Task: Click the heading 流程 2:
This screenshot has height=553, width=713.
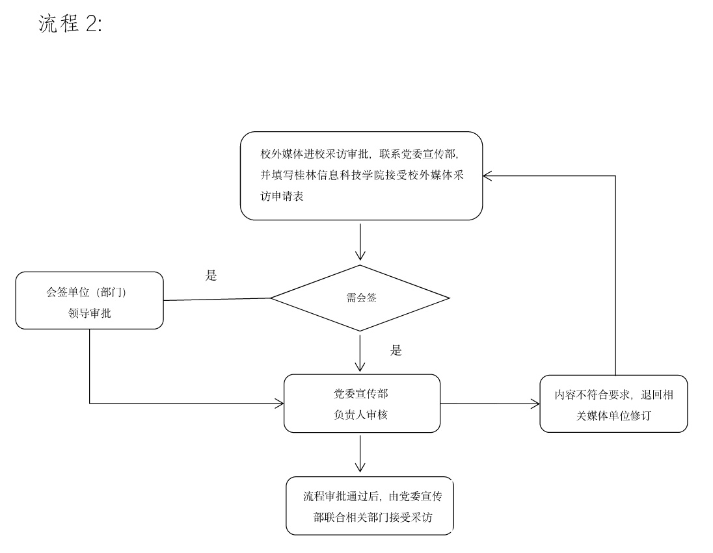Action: click(70, 25)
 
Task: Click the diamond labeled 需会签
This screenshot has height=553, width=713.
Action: click(360, 299)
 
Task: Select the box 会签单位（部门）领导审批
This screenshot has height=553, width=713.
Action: click(89, 300)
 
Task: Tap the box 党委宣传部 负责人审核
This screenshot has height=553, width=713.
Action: click(362, 404)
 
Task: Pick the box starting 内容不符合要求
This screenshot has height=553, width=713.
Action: click(613, 404)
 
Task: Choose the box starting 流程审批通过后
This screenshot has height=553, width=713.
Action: click(370, 507)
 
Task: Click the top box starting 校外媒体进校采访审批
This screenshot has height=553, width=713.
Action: click(361, 175)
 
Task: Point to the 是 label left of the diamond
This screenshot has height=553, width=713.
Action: click(211, 275)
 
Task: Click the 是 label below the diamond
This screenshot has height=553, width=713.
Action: click(396, 351)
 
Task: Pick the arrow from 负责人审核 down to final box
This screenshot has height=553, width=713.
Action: click(360, 454)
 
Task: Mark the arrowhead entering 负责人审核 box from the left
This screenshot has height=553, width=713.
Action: click(279, 404)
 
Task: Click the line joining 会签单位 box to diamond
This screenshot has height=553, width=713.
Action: click(217, 300)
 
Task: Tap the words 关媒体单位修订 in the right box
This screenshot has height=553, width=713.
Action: click(613, 415)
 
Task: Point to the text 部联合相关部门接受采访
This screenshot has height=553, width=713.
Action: click(373, 518)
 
